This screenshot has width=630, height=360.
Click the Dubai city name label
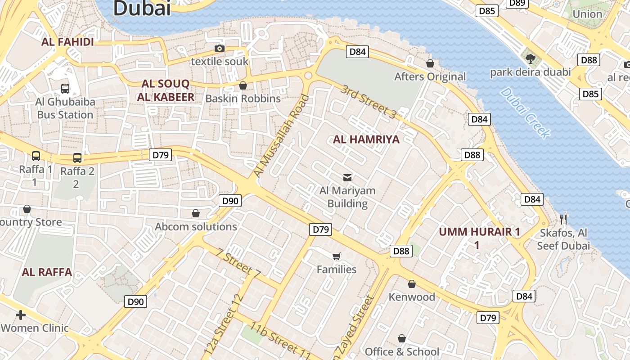point(142,8)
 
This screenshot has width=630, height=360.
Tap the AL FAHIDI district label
point(67,42)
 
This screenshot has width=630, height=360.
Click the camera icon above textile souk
point(220,48)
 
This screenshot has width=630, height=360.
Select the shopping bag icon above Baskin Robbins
point(243,85)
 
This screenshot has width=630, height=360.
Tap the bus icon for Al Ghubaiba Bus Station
point(65,88)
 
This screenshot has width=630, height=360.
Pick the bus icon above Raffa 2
point(77,158)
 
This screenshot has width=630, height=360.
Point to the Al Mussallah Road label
point(282,135)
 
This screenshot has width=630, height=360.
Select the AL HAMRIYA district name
point(366,139)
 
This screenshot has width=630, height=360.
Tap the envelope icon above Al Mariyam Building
point(347,177)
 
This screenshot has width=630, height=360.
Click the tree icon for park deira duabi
point(531,58)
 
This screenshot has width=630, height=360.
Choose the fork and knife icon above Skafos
point(563,219)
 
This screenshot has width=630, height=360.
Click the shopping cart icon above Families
point(337,256)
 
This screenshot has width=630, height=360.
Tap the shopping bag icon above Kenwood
point(412,284)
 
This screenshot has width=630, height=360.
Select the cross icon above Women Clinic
point(21,315)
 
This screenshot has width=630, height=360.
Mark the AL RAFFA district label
point(47,272)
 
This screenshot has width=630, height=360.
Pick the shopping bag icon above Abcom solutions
point(196,213)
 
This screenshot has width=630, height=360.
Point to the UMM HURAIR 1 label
point(479,232)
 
